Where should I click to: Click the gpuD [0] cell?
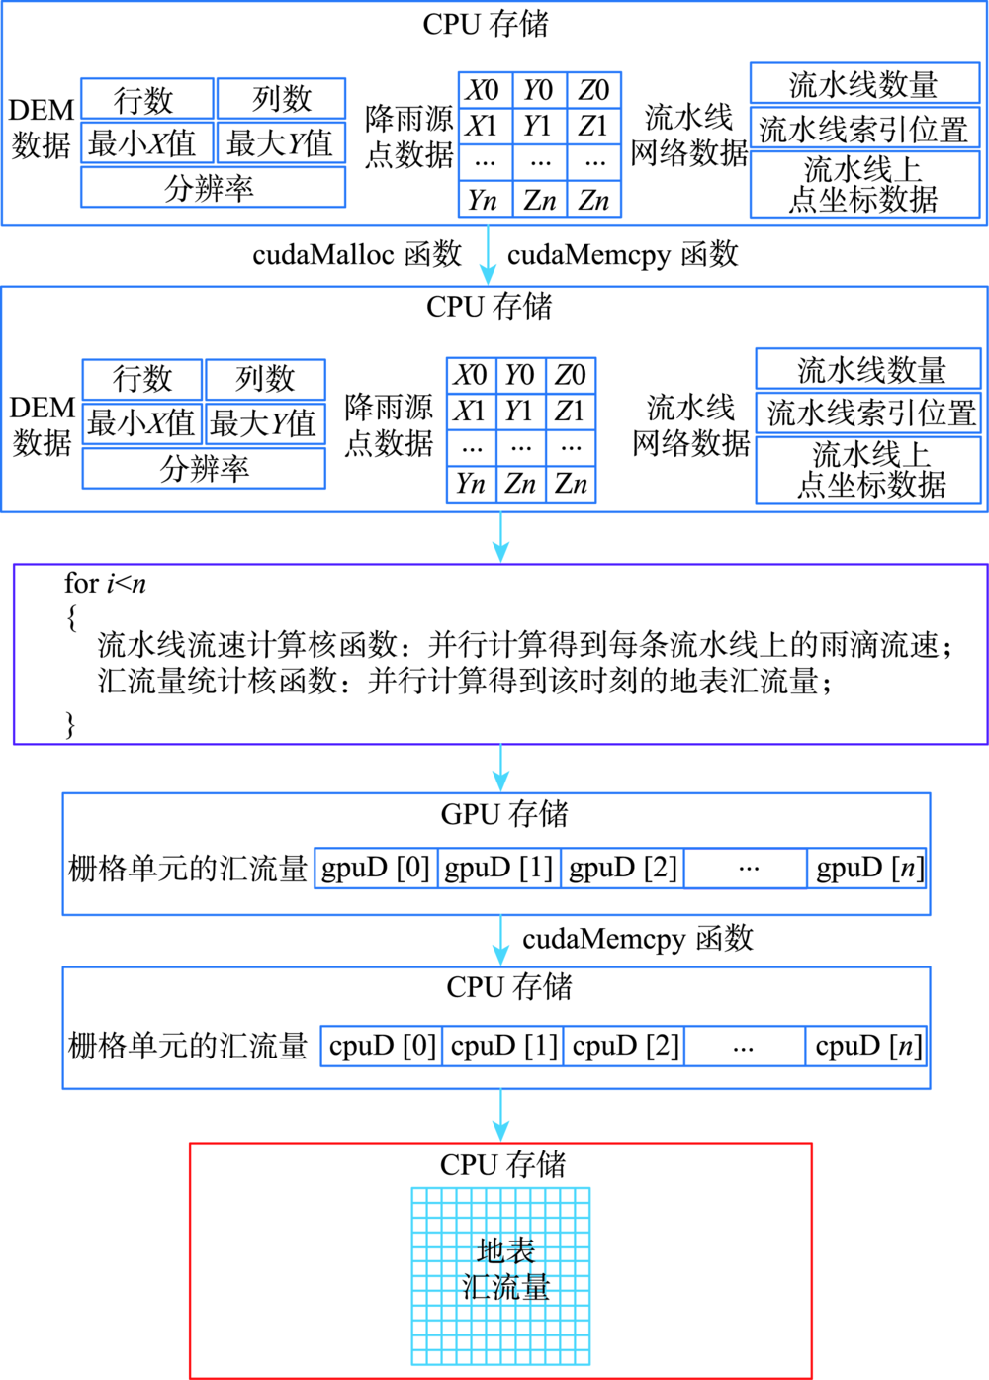click(376, 868)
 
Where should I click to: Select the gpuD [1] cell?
click(498, 868)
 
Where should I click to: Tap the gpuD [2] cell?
click(622, 868)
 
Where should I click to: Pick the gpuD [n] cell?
click(866, 868)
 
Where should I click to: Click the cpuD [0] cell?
click(381, 1046)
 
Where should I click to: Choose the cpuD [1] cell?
click(502, 1046)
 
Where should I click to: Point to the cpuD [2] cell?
click(624, 1046)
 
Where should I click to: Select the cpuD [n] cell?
click(865, 1046)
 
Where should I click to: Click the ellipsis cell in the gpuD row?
click(745, 868)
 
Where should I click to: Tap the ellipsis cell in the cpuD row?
click(745, 1046)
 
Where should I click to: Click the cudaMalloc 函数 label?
click(357, 254)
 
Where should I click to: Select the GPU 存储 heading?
click(504, 814)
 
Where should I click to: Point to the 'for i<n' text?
click(105, 583)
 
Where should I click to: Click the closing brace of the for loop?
click(71, 725)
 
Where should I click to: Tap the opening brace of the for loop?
click(72, 618)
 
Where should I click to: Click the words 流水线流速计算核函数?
click(247, 645)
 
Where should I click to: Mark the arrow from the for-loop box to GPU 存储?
click(500, 769)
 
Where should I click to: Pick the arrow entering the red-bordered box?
click(500, 1116)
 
